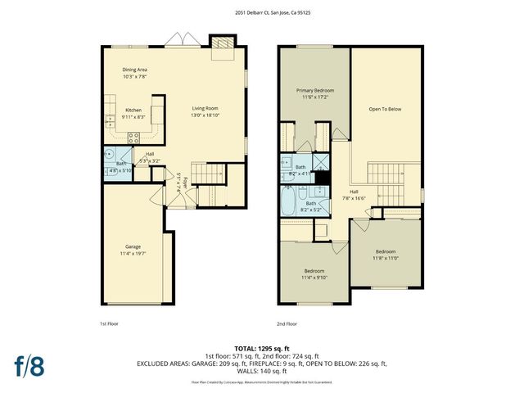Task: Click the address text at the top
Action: tap(262, 12)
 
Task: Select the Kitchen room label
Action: tap(133, 109)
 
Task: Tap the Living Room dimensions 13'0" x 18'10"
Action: tap(206, 115)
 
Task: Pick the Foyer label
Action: tap(185, 182)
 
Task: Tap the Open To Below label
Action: tap(385, 108)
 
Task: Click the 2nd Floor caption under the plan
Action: tap(287, 323)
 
